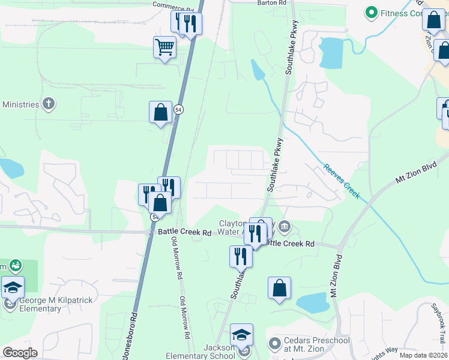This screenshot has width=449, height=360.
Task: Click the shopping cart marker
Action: click(x=165, y=47)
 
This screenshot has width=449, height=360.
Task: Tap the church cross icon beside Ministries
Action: click(x=49, y=104)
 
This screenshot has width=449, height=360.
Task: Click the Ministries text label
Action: click(x=20, y=104)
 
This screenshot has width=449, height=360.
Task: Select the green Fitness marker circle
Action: click(x=372, y=13)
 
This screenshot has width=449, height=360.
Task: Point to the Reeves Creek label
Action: click(x=342, y=181)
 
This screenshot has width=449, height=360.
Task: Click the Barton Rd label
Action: click(x=272, y=3)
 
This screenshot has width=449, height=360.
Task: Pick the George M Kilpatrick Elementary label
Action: click(x=40, y=304)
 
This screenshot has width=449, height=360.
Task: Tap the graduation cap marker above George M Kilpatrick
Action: click(x=13, y=287)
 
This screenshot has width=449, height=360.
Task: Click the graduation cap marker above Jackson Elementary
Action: click(x=241, y=334)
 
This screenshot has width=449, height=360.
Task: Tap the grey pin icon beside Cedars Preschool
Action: click(x=274, y=344)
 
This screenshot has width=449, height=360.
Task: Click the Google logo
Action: click(x=20, y=353)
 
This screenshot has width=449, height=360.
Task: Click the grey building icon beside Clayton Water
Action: click(x=285, y=227)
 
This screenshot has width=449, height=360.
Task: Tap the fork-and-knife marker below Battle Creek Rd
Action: click(x=241, y=256)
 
